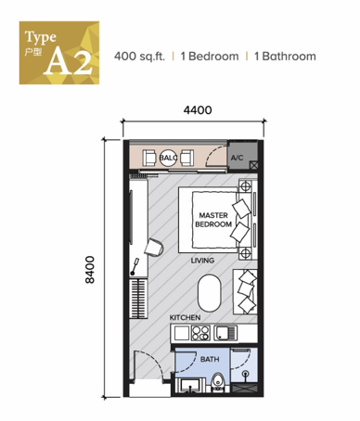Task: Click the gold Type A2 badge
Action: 59,53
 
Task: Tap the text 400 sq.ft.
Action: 139,57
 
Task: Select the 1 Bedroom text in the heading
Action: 210,57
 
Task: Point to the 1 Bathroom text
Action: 285,57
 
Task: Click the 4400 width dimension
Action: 198,110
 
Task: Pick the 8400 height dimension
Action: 90,269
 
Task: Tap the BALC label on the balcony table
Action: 168,158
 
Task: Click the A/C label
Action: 237,158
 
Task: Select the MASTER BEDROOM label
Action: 213,220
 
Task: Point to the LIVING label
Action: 202,261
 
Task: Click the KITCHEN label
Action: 185,317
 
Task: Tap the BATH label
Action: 210,359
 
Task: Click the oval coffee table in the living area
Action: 210,293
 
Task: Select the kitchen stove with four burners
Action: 200,333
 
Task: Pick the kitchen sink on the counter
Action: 225,333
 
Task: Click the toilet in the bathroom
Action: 219,383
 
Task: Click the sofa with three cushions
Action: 245,292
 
